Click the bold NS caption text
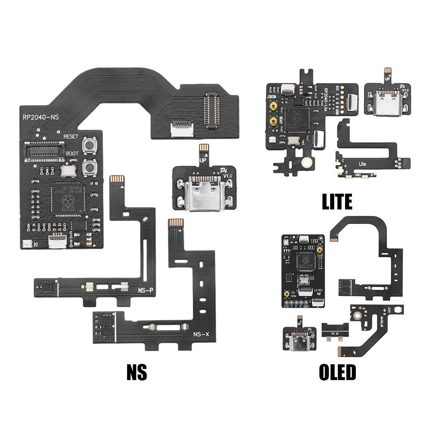[137, 372]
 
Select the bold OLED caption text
[337, 372]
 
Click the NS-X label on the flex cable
[200, 334]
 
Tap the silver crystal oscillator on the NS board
[68, 172]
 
